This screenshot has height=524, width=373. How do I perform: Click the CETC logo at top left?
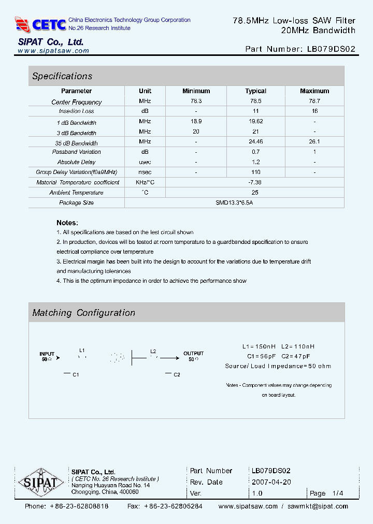click(x=41, y=24)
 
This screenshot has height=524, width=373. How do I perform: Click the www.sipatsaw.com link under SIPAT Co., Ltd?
click(x=53, y=51)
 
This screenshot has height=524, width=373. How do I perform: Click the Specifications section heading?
click(x=62, y=76)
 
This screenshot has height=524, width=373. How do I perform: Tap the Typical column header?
click(x=255, y=91)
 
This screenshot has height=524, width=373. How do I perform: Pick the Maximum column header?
click(x=314, y=91)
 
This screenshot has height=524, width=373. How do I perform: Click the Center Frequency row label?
click(x=77, y=102)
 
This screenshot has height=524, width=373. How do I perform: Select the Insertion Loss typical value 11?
click(x=255, y=111)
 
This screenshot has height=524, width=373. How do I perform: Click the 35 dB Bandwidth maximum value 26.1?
click(x=314, y=141)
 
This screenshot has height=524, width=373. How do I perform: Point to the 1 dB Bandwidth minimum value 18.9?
click(x=196, y=121)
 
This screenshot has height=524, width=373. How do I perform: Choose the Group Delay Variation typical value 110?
click(x=255, y=172)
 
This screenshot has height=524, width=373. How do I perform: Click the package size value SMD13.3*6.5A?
click(x=234, y=202)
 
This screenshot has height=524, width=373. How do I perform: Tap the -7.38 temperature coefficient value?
click(x=255, y=182)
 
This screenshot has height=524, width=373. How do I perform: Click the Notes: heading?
click(x=67, y=223)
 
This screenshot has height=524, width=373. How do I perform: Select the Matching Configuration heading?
click(x=84, y=313)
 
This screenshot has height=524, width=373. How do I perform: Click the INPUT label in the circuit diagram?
click(x=47, y=354)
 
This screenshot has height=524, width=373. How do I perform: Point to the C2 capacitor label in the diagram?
click(x=177, y=374)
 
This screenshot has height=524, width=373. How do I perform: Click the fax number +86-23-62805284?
click(x=173, y=506)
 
